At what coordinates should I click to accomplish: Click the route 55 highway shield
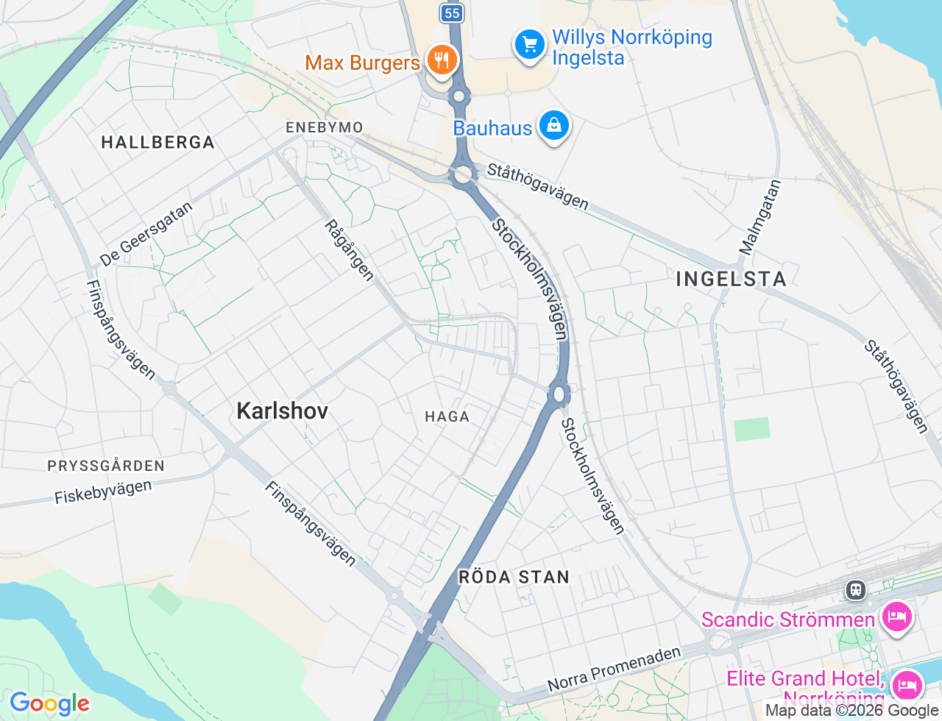tap(452, 13)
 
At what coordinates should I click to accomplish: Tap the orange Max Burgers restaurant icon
tap(442, 60)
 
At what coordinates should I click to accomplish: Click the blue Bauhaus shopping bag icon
tap(553, 126)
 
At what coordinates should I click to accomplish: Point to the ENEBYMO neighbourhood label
tap(325, 127)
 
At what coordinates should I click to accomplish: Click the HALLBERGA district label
tap(157, 142)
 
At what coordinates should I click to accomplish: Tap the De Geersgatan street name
tap(146, 234)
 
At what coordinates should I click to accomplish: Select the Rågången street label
tap(350, 250)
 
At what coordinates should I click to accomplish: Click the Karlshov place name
tap(283, 411)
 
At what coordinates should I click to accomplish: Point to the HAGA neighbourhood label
tap(447, 416)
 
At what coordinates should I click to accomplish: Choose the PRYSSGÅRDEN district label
tap(106, 466)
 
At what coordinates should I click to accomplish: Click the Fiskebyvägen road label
tap(103, 492)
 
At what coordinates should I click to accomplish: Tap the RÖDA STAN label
tap(514, 577)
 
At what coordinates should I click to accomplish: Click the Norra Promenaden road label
tap(614, 669)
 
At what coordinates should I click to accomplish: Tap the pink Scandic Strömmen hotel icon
tap(896, 616)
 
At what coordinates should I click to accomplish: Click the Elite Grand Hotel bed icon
tap(907, 685)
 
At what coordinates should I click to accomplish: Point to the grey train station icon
tap(855, 589)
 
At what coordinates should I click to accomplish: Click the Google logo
tap(49, 703)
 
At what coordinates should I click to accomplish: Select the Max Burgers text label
tap(362, 63)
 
